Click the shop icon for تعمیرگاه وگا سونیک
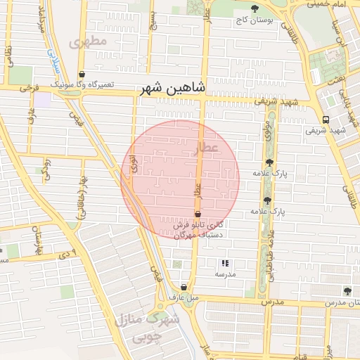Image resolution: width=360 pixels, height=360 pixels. (x=82, y=74)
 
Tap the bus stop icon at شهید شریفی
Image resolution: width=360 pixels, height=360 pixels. (x=325, y=120)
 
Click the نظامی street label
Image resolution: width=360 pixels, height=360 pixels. (x=8, y=53)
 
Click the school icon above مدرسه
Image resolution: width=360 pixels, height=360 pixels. (x=225, y=263)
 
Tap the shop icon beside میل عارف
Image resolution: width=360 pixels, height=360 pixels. (x=184, y=286)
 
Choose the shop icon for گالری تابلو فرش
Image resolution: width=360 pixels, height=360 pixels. (x=198, y=213)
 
